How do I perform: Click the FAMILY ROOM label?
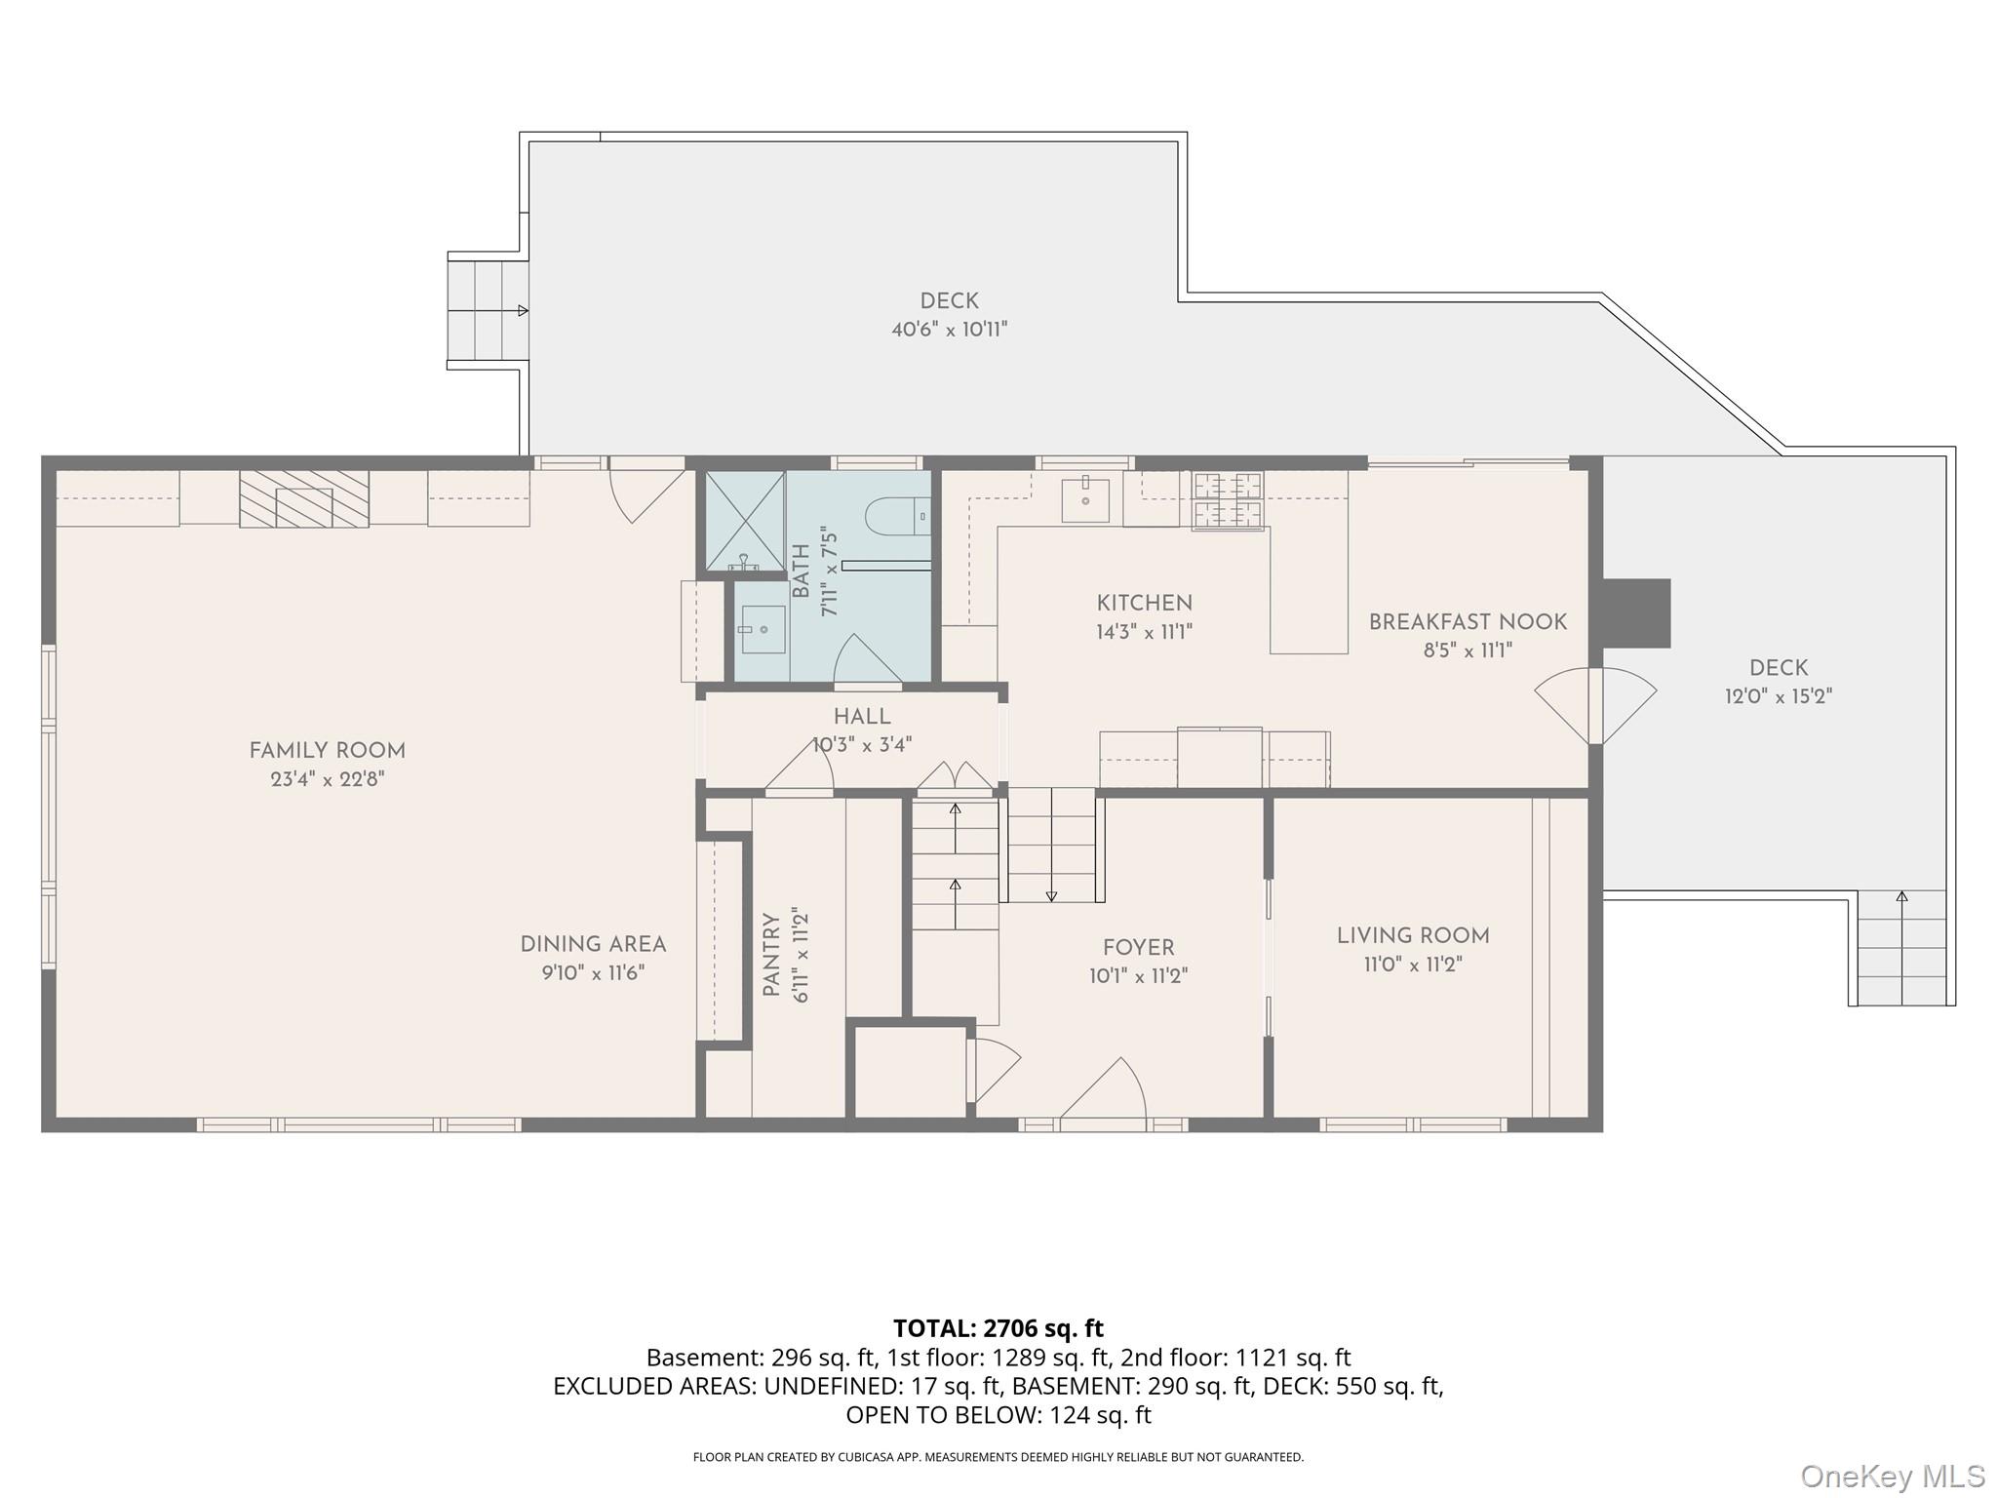coord(327,751)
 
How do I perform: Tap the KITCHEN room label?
coord(1144,603)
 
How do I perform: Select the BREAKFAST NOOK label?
coord(1468,621)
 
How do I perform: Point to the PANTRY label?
coord(771,955)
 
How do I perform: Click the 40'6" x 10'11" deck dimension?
coord(949,330)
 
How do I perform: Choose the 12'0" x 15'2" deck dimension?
coord(1779,696)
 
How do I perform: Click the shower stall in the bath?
coord(745,521)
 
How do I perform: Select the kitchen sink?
coord(1085,499)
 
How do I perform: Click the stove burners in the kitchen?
coord(1228,501)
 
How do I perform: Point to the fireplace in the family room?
coord(304,498)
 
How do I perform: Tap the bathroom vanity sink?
coord(763,630)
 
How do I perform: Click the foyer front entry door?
coord(1103,1089)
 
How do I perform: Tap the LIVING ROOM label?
coord(1413,936)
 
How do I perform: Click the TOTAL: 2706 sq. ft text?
coord(998,1328)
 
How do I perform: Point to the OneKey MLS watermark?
coord(1893,1477)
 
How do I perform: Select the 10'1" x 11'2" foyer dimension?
coord(1138,976)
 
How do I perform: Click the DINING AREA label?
coord(593,944)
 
